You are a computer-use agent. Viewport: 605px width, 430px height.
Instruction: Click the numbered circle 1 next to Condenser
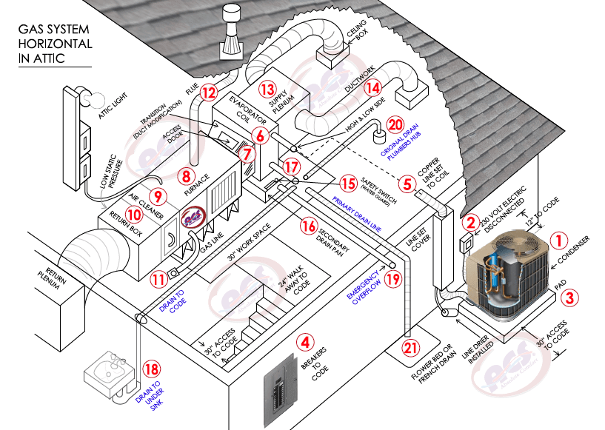[560, 240]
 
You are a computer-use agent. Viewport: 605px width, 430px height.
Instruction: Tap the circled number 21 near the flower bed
[409, 348]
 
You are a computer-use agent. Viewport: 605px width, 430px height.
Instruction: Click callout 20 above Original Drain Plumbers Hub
[395, 127]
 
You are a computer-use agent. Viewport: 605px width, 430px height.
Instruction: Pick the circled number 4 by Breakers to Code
[303, 342]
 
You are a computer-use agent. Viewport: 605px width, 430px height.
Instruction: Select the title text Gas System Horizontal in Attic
[56, 44]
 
